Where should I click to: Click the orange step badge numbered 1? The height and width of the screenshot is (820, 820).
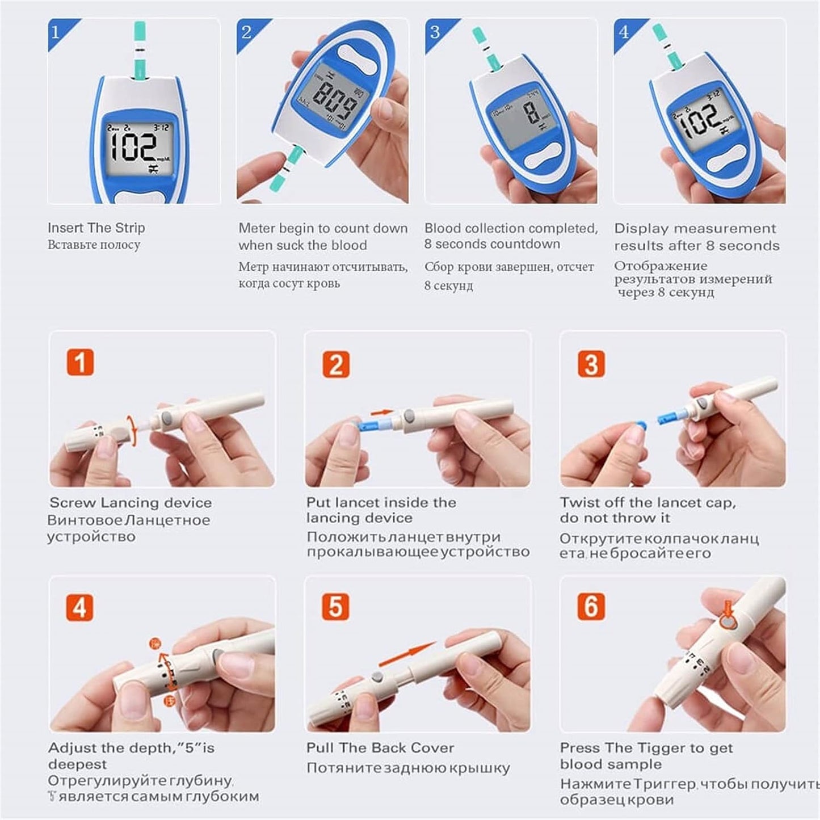80,363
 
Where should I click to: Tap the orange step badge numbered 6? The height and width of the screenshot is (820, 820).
591,607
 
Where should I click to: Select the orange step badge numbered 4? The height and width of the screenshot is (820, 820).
80,608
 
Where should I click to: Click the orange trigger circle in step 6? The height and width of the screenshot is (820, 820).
728,622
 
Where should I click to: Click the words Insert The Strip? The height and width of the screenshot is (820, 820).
96,228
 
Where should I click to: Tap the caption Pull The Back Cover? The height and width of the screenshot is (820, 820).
380,748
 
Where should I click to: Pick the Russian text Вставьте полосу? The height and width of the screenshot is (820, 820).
94,245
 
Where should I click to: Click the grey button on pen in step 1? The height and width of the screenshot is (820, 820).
167,418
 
